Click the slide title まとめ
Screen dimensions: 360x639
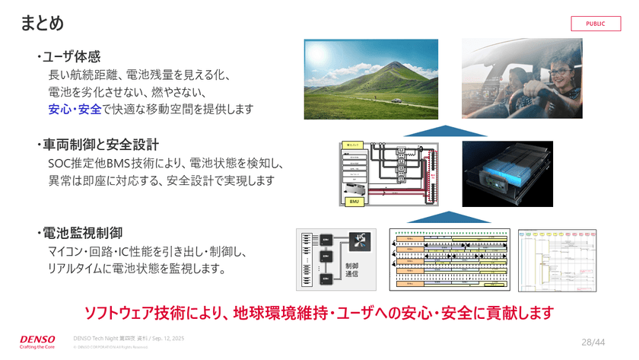(x=42, y=24)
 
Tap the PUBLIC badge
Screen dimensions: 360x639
(x=596, y=24)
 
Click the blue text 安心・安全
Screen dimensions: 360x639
(x=75, y=109)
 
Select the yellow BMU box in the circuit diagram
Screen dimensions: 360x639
(x=354, y=200)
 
